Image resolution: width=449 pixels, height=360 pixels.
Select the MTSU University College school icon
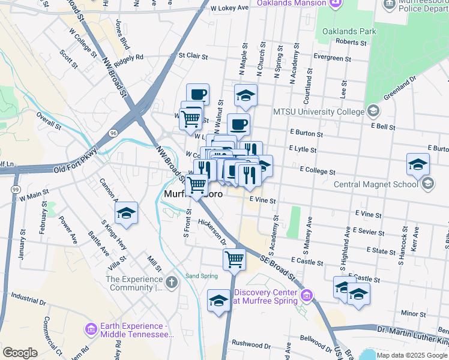373,111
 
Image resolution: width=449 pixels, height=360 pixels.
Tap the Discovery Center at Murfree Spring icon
307,295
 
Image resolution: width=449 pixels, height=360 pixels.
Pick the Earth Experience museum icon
91,329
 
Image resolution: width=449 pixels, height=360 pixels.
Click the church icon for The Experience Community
172,282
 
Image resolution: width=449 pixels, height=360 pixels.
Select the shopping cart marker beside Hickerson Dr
234,260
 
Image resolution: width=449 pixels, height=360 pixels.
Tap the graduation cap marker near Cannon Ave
126,214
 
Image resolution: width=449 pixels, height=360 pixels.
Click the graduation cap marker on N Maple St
246,95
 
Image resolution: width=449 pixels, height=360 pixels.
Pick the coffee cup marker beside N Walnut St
238,125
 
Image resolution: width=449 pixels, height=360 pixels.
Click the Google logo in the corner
20,353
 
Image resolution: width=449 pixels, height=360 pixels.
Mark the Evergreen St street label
332,59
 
